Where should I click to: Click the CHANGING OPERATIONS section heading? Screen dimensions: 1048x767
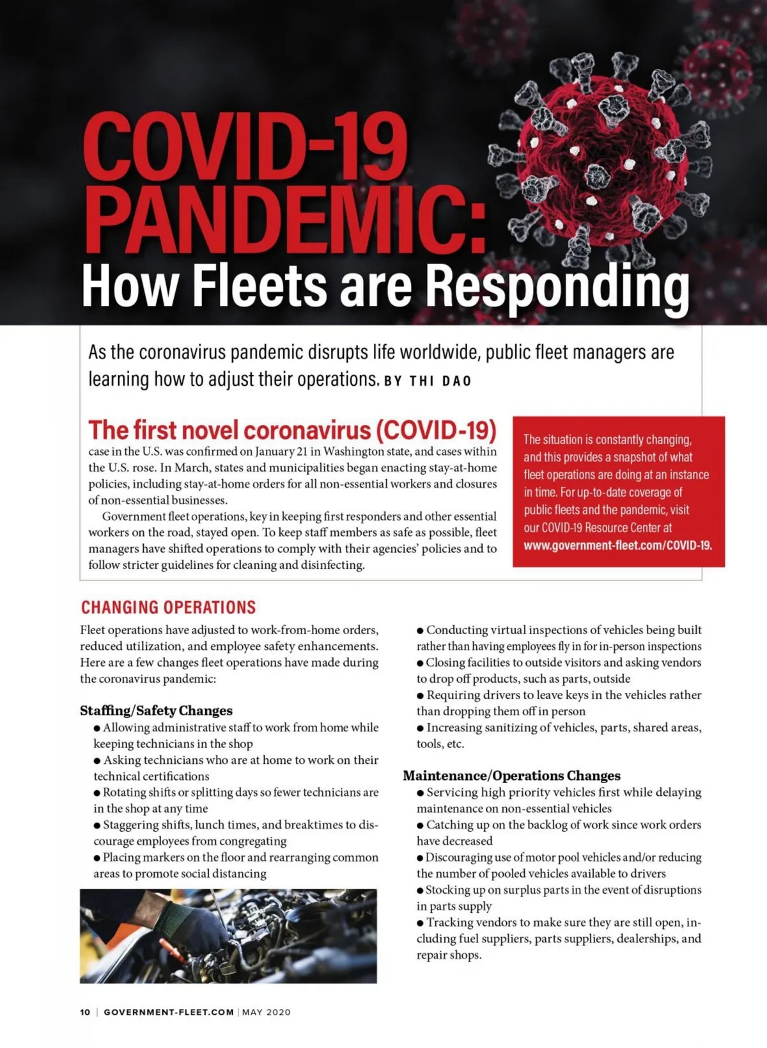168,607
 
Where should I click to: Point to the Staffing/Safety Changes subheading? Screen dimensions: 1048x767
156,711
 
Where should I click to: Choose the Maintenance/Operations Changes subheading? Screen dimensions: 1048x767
511,776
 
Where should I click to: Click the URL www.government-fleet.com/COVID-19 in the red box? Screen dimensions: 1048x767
617,546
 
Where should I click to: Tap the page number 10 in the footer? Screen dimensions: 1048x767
85,1012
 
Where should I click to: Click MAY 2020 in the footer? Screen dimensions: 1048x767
267,1012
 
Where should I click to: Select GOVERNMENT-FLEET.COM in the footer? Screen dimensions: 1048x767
169,1012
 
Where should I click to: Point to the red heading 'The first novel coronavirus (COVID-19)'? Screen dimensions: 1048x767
292,430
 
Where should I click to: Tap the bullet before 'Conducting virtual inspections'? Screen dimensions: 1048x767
421,631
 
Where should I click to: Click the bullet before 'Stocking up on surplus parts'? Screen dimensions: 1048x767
421,891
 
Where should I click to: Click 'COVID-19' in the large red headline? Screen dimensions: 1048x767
245,148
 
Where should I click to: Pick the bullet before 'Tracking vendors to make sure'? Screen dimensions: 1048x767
421,923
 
